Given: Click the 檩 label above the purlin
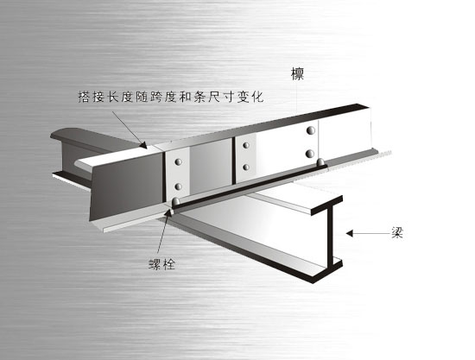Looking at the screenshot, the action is [297, 74].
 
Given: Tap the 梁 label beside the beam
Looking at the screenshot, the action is [397, 232].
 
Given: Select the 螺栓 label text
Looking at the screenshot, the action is [162, 264].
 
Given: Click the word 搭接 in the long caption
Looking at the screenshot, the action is [92, 97].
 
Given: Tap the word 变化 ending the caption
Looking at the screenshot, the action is [250, 97].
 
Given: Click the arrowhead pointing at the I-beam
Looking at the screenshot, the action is [350, 233].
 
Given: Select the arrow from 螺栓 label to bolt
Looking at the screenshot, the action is [162, 231].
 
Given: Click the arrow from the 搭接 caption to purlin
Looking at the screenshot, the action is [130, 129].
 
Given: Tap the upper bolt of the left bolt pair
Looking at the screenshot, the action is [179, 162].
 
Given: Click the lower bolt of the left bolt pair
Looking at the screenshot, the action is [179, 186].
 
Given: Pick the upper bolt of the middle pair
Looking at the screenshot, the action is [246, 145].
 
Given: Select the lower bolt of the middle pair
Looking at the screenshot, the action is [246, 167].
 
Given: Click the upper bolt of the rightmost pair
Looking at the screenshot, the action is [311, 130].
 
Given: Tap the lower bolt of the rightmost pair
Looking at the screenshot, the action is [310, 154].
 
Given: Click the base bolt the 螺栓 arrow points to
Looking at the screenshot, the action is [175, 201].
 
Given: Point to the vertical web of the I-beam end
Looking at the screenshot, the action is [330, 236].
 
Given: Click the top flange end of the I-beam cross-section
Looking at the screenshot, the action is [326, 205].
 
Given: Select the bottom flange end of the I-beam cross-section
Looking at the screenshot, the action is [327, 271].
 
